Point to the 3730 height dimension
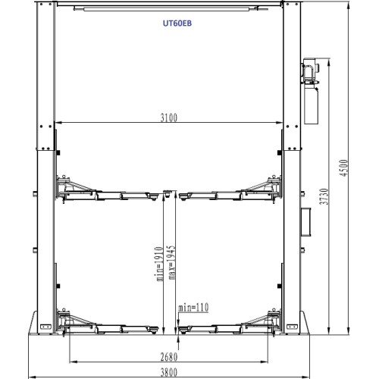(x=325, y=197)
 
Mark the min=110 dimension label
(x=193, y=307)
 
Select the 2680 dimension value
(x=170, y=356)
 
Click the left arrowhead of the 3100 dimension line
(x=57, y=124)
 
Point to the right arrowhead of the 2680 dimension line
(x=270, y=362)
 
